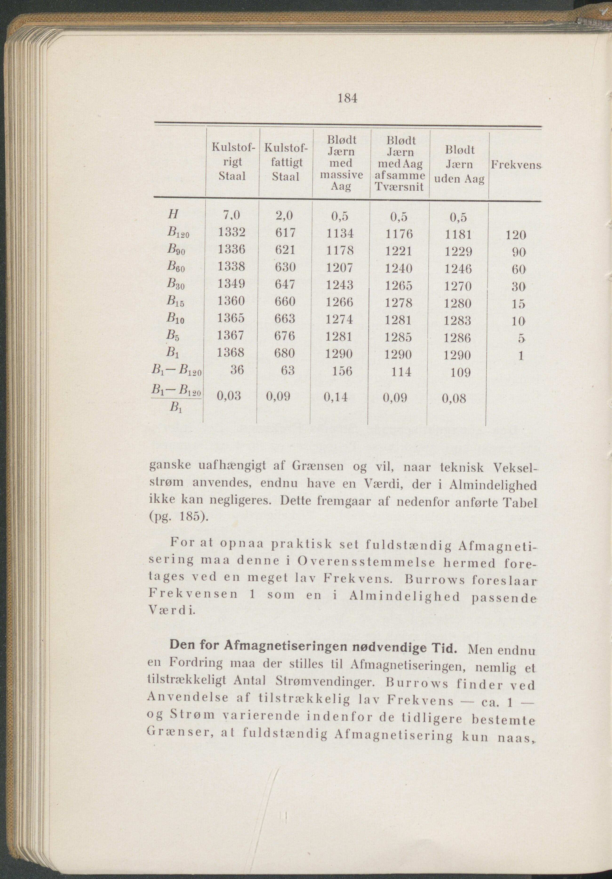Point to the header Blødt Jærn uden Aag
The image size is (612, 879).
point(459,165)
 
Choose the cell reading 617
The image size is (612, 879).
point(284,232)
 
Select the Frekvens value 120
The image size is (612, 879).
point(516,235)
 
